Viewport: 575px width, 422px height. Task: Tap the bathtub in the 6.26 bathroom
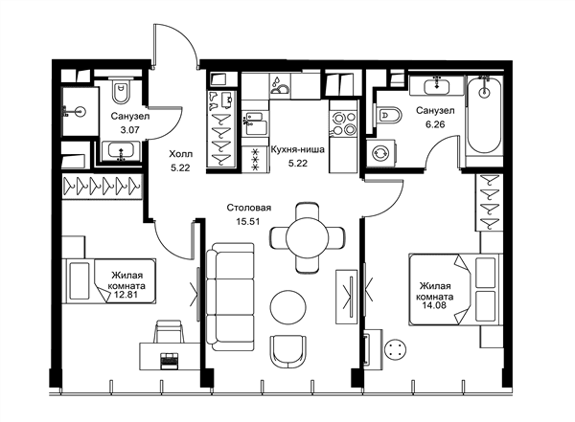484,116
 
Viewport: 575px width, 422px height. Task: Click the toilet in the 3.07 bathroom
121,91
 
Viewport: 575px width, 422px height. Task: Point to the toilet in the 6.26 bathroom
389,115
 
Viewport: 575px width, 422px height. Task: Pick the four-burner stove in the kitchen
343,123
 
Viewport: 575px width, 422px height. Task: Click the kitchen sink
253,123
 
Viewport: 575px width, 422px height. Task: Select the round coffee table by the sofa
287,307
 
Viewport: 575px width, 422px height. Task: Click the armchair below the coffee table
287,352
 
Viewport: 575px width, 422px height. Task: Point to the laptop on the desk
169,360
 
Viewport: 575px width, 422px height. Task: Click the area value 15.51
248,221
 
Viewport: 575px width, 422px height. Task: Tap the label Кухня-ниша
297,150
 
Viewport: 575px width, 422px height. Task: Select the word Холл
180,154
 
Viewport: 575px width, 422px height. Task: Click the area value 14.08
434,305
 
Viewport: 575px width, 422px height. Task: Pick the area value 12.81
126,294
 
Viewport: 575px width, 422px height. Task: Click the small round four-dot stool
395,349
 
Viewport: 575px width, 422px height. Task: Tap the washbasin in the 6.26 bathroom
437,87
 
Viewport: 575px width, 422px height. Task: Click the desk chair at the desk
169,331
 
